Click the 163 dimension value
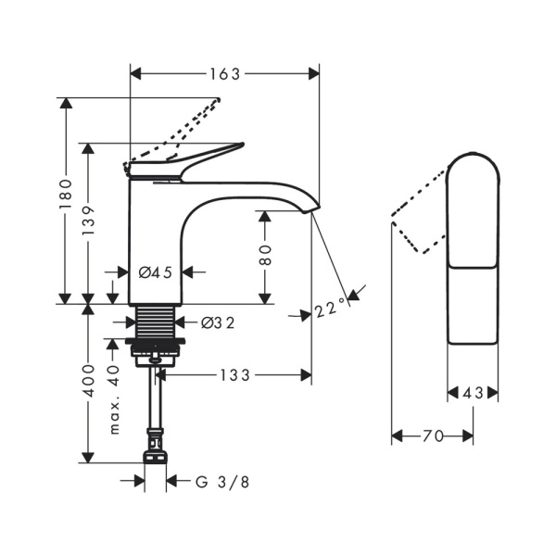[x=225, y=74]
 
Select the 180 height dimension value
[x=66, y=195]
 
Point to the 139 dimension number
[x=88, y=221]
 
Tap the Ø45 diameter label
[x=156, y=272]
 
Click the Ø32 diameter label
[x=218, y=322]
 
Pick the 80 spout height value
[x=265, y=255]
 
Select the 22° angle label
[x=331, y=308]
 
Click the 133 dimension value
[x=235, y=375]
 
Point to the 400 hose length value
[x=88, y=381]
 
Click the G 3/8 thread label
[x=222, y=482]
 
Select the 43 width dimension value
[x=473, y=393]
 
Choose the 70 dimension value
[x=433, y=436]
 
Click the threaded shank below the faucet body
[x=156, y=322]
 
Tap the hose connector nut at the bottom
[x=156, y=457]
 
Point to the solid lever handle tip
[x=241, y=144]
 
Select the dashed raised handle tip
[x=218, y=100]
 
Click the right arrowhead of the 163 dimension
[x=314, y=74]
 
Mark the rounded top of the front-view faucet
[x=473, y=156]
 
